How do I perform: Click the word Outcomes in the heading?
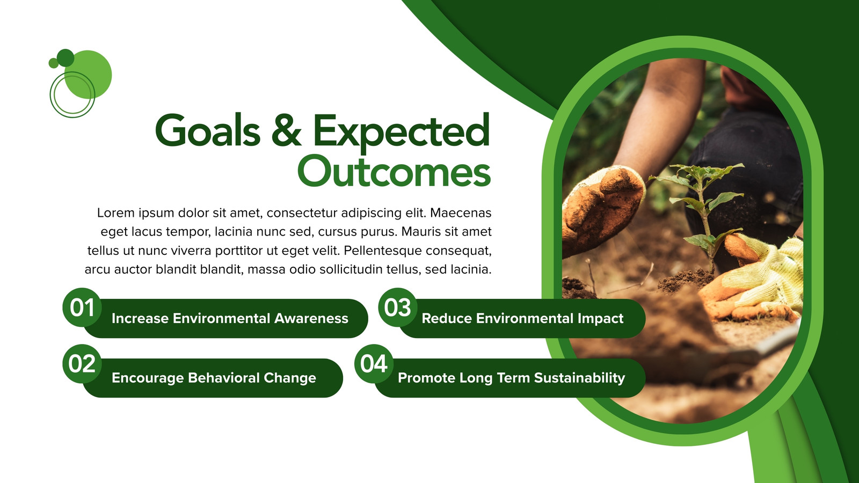[394, 172]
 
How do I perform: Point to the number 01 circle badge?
[82, 308]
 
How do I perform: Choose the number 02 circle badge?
[82, 363]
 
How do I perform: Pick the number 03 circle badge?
[398, 308]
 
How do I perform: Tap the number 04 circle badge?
[374, 363]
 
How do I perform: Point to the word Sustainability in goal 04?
[579, 378]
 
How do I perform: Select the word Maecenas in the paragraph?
[461, 213]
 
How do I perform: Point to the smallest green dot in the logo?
[54, 63]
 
